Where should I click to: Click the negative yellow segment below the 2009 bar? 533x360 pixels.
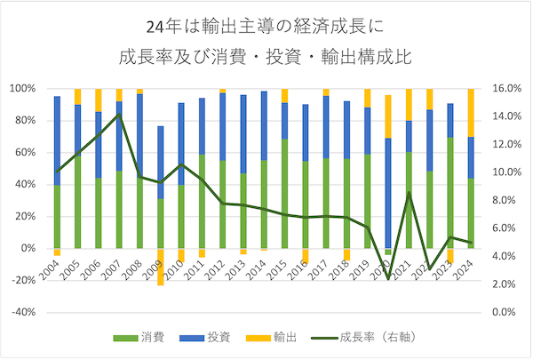(161, 267)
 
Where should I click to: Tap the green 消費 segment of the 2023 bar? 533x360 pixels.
(450, 191)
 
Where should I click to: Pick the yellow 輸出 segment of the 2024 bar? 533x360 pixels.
(471, 112)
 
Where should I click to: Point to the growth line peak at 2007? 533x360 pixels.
(120, 115)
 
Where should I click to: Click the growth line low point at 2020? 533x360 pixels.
(388, 277)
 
